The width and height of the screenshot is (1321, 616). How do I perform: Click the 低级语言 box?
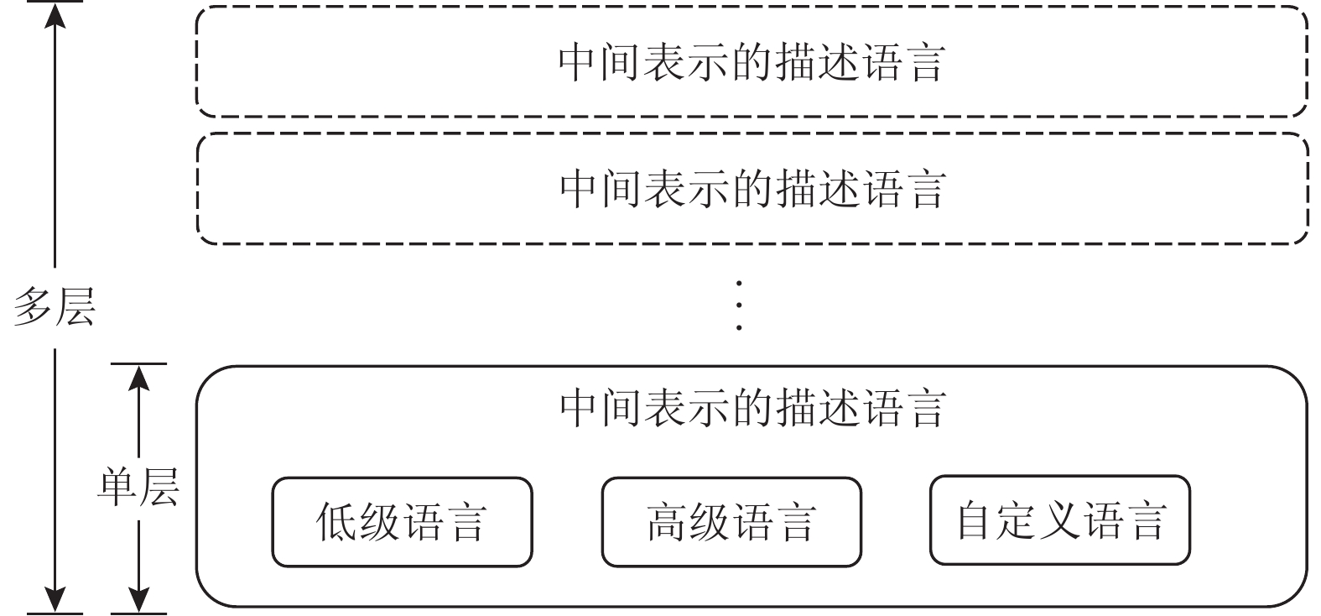(x=402, y=522)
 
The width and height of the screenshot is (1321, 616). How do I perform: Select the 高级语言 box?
(x=731, y=522)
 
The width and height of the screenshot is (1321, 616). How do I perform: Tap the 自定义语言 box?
(x=1060, y=520)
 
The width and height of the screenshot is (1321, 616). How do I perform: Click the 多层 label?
(x=55, y=308)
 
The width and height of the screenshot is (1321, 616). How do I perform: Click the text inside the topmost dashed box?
(x=752, y=62)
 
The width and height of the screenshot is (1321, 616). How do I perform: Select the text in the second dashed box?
(x=752, y=188)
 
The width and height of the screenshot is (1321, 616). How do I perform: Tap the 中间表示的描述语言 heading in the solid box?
(x=752, y=408)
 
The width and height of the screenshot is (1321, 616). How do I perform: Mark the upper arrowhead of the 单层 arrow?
(x=138, y=379)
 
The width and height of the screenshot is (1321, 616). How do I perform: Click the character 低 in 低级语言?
(x=336, y=522)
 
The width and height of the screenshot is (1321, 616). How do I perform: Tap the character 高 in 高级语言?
(x=667, y=522)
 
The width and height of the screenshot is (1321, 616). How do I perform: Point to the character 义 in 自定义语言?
(x=1060, y=520)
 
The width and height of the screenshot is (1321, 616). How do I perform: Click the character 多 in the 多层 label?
(x=34, y=308)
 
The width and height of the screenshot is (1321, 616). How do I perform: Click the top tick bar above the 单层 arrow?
(x=138, y=364)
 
